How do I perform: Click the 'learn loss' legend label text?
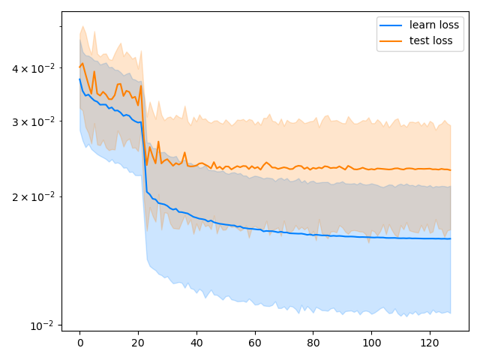434,25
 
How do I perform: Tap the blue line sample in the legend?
391,25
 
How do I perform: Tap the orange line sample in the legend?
391,40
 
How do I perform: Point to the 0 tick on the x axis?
79,342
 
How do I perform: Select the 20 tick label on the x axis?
138,342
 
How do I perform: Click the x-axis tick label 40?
196,342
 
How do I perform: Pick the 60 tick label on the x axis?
255,342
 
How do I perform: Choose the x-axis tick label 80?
313,342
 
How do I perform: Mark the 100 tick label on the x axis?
372,342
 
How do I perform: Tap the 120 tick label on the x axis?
430,342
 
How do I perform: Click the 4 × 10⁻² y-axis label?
33,69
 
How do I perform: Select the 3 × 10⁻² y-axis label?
33,121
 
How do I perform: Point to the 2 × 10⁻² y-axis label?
33,196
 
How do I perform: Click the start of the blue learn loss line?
79,79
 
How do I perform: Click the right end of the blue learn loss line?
451,238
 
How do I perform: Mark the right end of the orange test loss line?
451,170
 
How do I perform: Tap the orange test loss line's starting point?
79,67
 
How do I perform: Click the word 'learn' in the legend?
421,25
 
